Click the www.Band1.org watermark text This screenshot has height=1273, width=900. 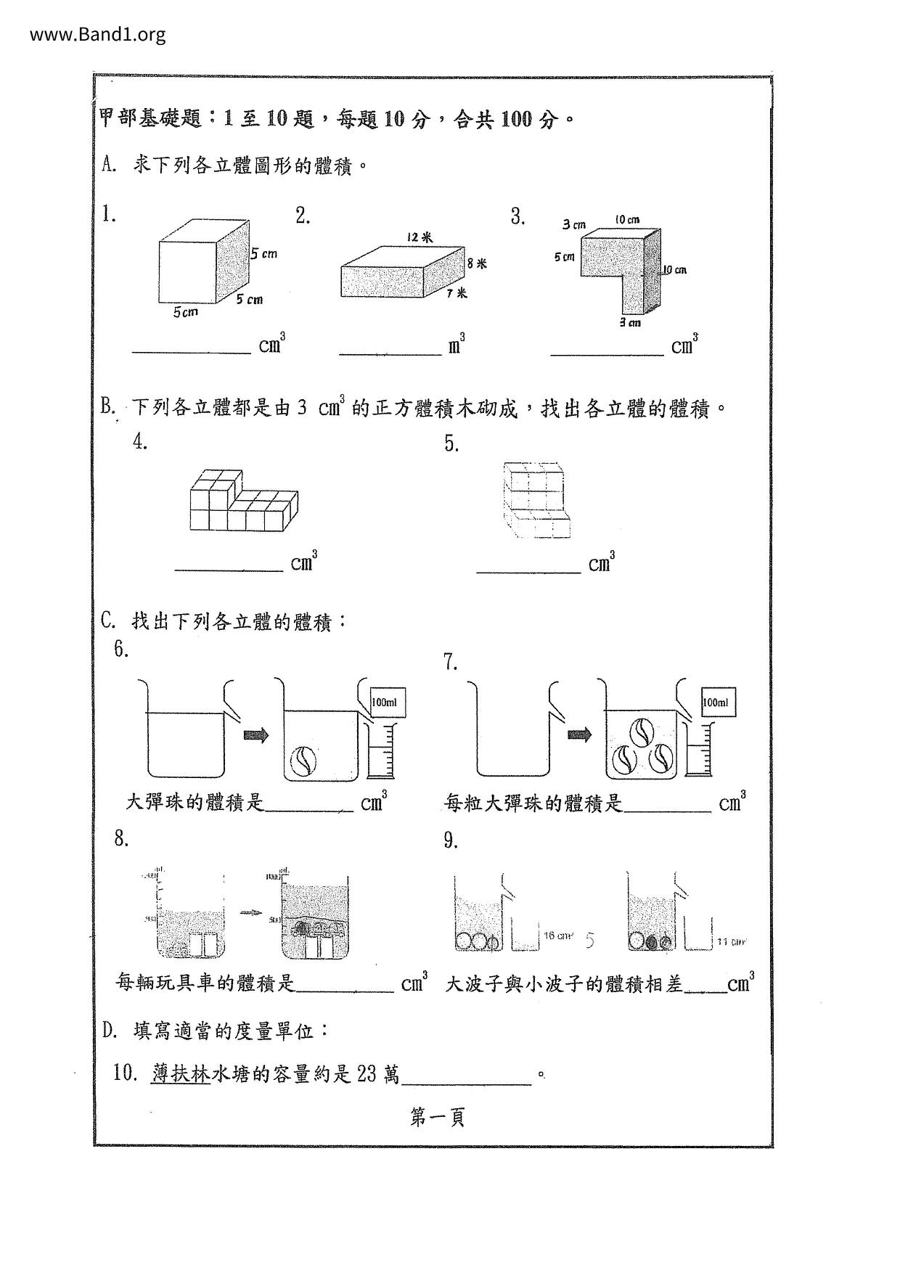click(x=98, y=34)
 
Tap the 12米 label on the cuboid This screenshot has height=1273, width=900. click(x=420, y=237)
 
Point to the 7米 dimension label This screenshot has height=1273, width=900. click(x=457, y=293)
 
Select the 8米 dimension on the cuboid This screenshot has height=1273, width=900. click(x=476, y=263)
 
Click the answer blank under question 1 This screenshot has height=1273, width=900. click(x=191, y=349)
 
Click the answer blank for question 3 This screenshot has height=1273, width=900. click(x=607, y=351)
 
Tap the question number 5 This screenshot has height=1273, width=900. click(x=451, y=444)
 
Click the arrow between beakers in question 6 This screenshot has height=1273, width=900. click(x=255, y=735)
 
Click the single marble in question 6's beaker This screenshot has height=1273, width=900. click(x=302, y=760)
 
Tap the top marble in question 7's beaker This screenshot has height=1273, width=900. click(x=641, y=732)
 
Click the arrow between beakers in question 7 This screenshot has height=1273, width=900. click(x=578, y=735)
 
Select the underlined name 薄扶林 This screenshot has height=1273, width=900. click(x=181, y=1073)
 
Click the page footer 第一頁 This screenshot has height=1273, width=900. click(x=437, y=1117)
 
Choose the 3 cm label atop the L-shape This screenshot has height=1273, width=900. click(x=574, y=225)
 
